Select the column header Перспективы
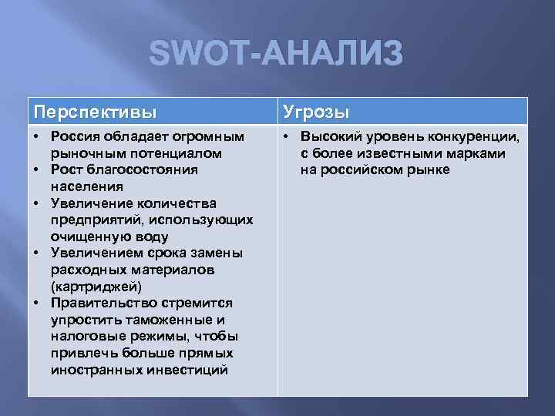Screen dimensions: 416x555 pos(95,112)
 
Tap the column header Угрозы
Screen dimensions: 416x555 pos(316,112)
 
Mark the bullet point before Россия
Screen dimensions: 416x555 pos(37,136)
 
